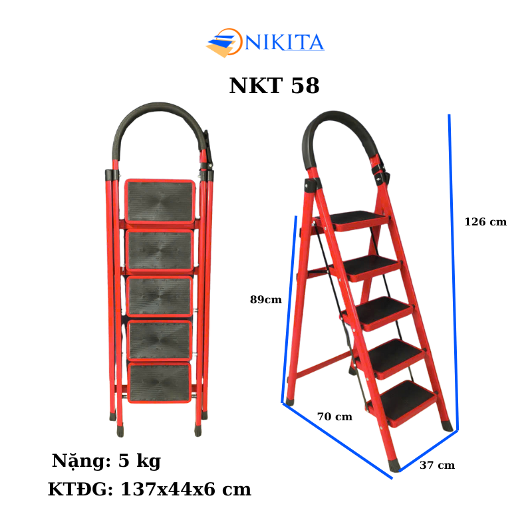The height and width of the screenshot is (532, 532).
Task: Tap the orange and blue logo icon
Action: [224, 43]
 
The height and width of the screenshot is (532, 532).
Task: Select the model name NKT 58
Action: [274, 86]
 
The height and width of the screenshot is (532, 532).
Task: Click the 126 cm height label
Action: [485, 222]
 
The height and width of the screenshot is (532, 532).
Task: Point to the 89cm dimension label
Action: [265, 299]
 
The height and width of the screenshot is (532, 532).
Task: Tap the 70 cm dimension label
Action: [334, 417]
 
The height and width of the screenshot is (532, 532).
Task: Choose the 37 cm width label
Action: [437, 465]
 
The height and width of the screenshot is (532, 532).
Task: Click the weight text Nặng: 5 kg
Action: [106, 461]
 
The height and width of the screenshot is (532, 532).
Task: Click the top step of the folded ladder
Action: [160, 201]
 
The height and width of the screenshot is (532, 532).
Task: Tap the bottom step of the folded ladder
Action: [160, 383]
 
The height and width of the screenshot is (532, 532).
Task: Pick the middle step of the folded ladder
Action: [160, 296]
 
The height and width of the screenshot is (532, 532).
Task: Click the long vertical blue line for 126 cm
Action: [454, 266]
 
